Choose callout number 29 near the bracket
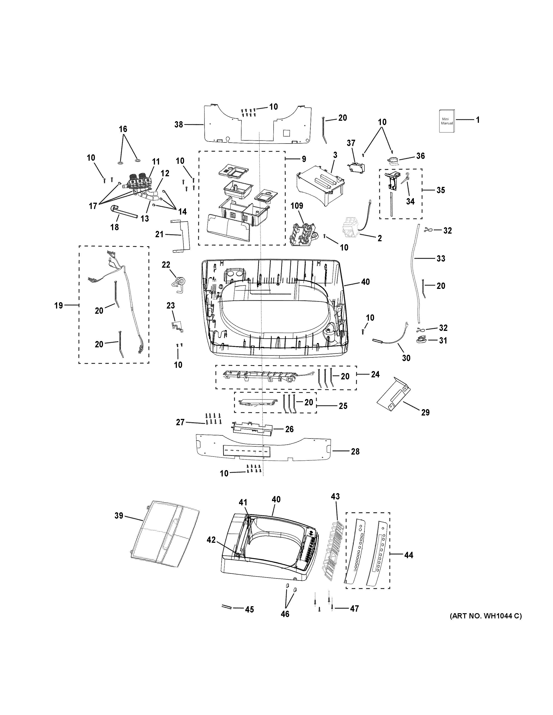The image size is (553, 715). (x=425, y=413)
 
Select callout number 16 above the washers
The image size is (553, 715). (x=123, y=129)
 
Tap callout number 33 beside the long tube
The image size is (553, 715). (x=441, y=259)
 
